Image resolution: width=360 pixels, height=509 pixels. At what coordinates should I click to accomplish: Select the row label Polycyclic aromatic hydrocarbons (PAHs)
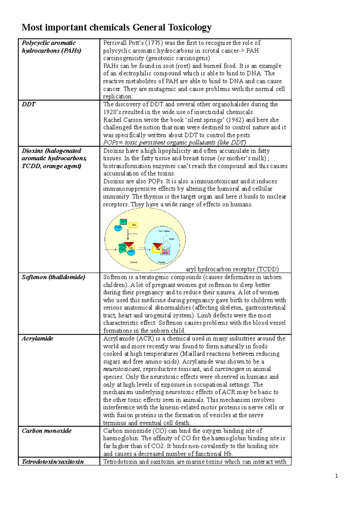point(51,46)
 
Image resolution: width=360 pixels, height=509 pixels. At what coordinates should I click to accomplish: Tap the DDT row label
point(28,104)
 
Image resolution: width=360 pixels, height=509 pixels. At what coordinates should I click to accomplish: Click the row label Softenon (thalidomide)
point(53,277)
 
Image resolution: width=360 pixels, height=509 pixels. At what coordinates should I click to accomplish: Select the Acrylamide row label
point(37,338)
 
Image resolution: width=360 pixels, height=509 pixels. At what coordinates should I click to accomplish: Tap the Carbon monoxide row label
point(46,431)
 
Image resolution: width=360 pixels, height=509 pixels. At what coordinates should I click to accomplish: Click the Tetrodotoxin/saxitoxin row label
point(53,462)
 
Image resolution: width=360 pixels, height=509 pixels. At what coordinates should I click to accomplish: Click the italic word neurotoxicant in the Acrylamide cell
point(121,369)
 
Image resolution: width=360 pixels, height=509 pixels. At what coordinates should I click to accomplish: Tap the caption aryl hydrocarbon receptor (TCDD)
point(232,269)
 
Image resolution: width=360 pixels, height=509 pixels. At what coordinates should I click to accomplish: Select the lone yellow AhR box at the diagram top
point(133,225)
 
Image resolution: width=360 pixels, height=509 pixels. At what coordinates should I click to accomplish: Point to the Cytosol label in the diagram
point(133,262)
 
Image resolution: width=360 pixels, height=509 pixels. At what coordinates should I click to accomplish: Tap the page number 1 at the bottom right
point(337,476)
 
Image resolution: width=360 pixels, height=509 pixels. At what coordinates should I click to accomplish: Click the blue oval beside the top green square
point(118,228)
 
